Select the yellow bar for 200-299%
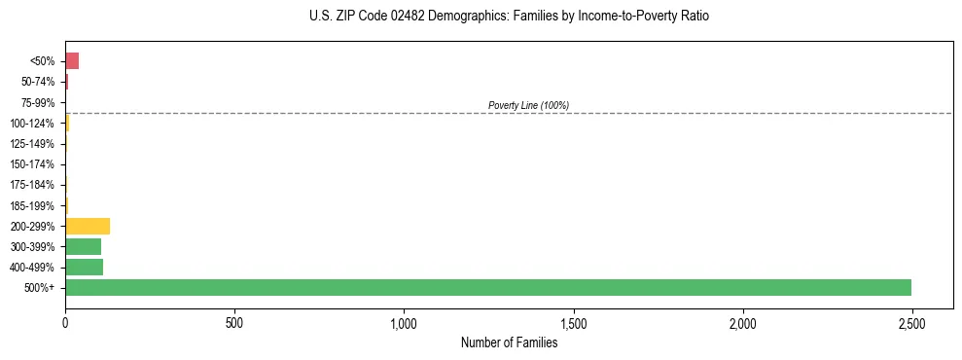[x=88, y=226]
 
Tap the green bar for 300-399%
[x=84, y=246]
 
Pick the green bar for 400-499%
[x=85, y=267]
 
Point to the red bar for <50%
[x=72, y=61]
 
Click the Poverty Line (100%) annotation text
[x=528, y=105]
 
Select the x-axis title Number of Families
[x=509, y=342]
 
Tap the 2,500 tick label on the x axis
[x=911, y=322]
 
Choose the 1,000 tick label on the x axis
[x=404, y=322]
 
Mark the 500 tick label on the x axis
[x=234, y=322]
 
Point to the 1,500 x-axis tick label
[x=573, y=322]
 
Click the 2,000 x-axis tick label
[x=742, y=322]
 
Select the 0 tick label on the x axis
[x=65, y=322]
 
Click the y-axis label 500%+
[x=41, y=288]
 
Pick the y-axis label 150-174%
[x=32, y=164]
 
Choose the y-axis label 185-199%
[x=32, y=205]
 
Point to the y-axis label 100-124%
[x=32, y=124]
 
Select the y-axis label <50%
[x=42, y=61]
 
